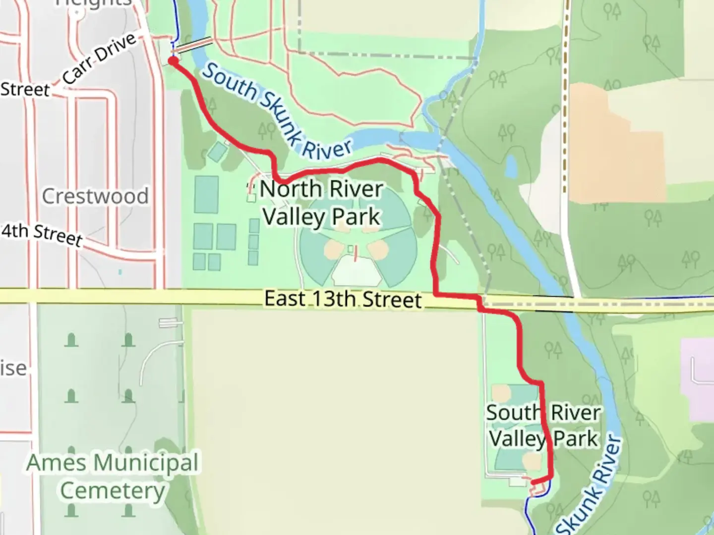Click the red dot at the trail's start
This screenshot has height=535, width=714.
[x=173, y=61]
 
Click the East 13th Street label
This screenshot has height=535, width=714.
[x=343, y=299]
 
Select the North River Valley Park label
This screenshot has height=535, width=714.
[x=322, y=203]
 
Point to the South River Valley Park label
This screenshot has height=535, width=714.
[x=543, y=426]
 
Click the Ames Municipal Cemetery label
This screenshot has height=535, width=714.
[x=113, y=477]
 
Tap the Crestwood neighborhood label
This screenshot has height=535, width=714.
[x=95, y=196]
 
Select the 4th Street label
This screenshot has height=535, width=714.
[x=42, y=234]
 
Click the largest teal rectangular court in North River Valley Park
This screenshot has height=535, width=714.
[x=206, y=194]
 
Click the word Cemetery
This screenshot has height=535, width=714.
[x=113, y=491]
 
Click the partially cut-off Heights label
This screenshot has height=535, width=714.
[x=94, y=3]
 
